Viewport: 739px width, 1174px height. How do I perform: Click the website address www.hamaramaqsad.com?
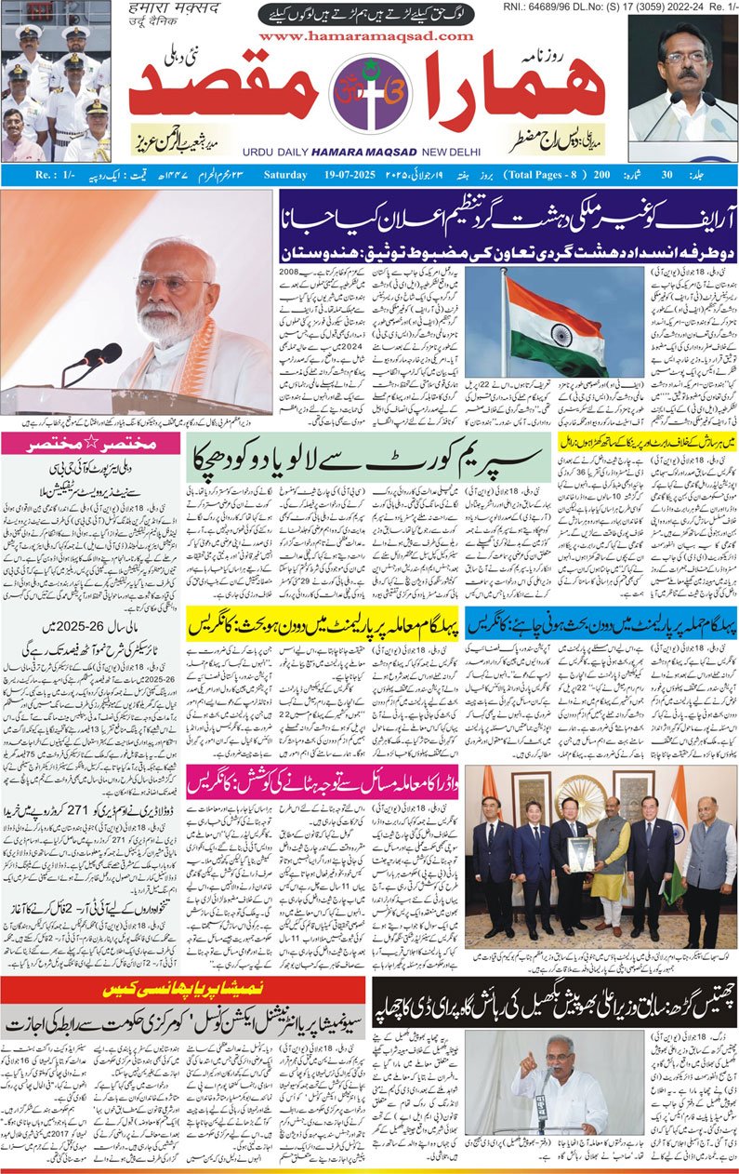click(x=370, y=36)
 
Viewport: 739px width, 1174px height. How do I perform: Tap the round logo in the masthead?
click(x=369, y=95)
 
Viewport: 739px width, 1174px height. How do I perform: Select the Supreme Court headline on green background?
click(x=369, y=457)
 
